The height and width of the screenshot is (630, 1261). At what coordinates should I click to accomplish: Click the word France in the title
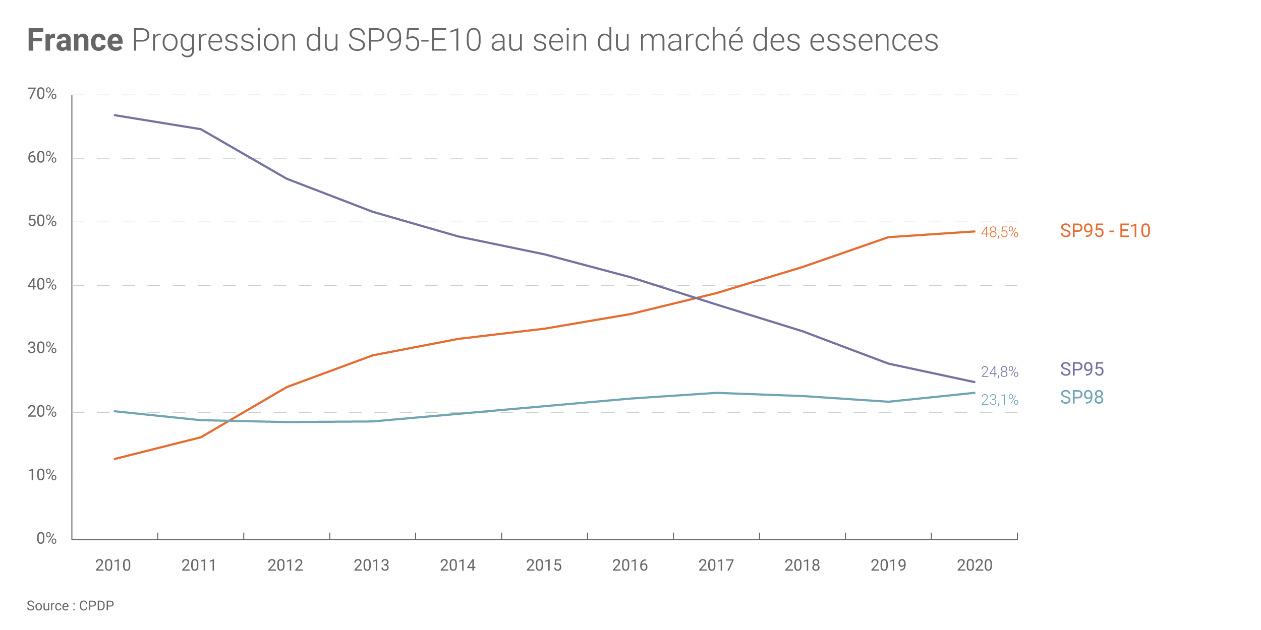tap(75, 40)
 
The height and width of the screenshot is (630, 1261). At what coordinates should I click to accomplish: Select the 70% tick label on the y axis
tap(42, 94)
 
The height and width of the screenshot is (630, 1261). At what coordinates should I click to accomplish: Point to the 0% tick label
tap(46, 538)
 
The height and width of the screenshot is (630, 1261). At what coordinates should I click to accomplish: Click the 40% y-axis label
tap(42, 284)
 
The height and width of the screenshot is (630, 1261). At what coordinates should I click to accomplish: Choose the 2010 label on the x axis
tap(113, 565)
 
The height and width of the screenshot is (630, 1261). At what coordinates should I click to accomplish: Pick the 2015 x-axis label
tap(544, 565)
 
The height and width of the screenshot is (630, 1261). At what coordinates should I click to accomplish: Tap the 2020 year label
tap(975, 565)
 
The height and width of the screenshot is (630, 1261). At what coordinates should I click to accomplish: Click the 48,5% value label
tap(999, 232)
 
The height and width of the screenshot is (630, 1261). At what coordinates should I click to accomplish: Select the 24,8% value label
tap(999, 372)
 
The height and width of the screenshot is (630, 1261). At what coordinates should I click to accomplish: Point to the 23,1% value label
tap(999, 400)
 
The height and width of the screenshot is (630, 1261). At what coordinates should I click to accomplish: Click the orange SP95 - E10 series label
tap(1105, 231)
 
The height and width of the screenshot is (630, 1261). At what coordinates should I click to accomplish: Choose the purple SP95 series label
tap(1082, 369)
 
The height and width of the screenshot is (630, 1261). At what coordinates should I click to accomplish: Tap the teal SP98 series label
tap(1082, 398)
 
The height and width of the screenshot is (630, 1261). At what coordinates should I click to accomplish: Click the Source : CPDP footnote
tap(70, 606)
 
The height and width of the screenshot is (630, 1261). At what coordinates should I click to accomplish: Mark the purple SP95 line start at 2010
tap(115, 115)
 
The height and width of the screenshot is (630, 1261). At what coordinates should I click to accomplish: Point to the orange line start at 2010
tap(115, 459)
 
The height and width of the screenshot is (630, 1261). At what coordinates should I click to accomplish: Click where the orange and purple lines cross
tap(697, 298)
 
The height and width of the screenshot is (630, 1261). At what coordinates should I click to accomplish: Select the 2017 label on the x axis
tap(716, 565)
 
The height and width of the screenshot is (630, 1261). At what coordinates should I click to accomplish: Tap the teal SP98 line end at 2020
tap(974, 393)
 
